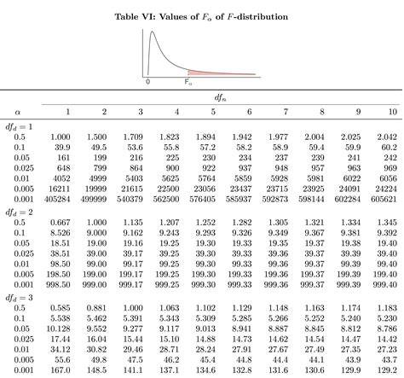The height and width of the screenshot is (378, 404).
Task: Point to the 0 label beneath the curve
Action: coord(147,82)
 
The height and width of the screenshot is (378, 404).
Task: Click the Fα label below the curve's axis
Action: coord(188,82)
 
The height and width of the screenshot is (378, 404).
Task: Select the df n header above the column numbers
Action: coord(220,98)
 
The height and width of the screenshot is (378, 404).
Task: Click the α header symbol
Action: coord(18,112)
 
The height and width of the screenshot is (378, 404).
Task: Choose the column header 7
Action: coord(286,112)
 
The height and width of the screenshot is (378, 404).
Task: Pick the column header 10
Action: coord(392,112)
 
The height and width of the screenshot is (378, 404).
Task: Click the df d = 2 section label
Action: coord(19,212)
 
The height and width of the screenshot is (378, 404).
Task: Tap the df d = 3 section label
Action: coord(19,298)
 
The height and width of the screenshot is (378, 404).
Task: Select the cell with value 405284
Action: coord(57,199)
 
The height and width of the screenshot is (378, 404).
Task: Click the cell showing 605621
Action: coord(384,199)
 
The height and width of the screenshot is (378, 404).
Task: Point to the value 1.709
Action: coord(133,137)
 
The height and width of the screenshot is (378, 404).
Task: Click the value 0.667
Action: coord(60,223)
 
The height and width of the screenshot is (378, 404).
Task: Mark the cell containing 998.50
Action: coord(58,284)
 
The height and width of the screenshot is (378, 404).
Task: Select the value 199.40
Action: coord(385,274)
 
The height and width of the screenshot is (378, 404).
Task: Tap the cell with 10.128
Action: coord(58,329)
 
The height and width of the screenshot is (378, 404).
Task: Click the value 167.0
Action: coord(61,370)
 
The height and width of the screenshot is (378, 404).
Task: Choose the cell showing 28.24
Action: coord(205,349)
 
